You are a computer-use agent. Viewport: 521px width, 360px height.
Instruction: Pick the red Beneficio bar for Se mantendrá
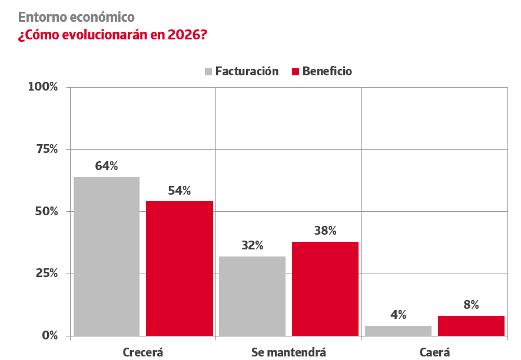point(325,288)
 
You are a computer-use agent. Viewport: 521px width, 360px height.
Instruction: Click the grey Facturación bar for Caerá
point(398,331)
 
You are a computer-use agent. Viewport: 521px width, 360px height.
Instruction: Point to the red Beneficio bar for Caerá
point(471,326)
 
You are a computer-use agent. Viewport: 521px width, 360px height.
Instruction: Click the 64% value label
point(107,166)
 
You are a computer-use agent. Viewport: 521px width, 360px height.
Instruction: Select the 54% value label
point(180,191)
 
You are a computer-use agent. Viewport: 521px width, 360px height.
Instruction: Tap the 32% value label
point(252,245)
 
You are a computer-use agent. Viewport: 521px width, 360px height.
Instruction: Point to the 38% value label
point(325,231)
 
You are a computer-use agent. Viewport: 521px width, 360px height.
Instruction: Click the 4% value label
point(398,315)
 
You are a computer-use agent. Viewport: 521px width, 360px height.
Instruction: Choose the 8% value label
point(471,305)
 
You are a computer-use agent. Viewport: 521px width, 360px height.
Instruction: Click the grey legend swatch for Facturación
point(208,72)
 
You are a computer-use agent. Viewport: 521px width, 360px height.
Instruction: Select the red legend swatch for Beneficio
point(296,72)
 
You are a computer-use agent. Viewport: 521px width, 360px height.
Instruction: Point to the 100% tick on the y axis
point(43,87)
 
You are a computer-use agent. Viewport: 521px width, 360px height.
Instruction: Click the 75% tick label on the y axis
point(46,149)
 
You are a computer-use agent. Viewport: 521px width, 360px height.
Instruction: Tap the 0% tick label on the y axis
point(49,336)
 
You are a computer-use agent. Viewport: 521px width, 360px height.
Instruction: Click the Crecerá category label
point(142,352)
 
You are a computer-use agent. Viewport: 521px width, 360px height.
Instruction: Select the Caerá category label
point(434,352)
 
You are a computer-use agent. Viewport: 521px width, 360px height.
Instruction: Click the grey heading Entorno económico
point(77,16)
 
